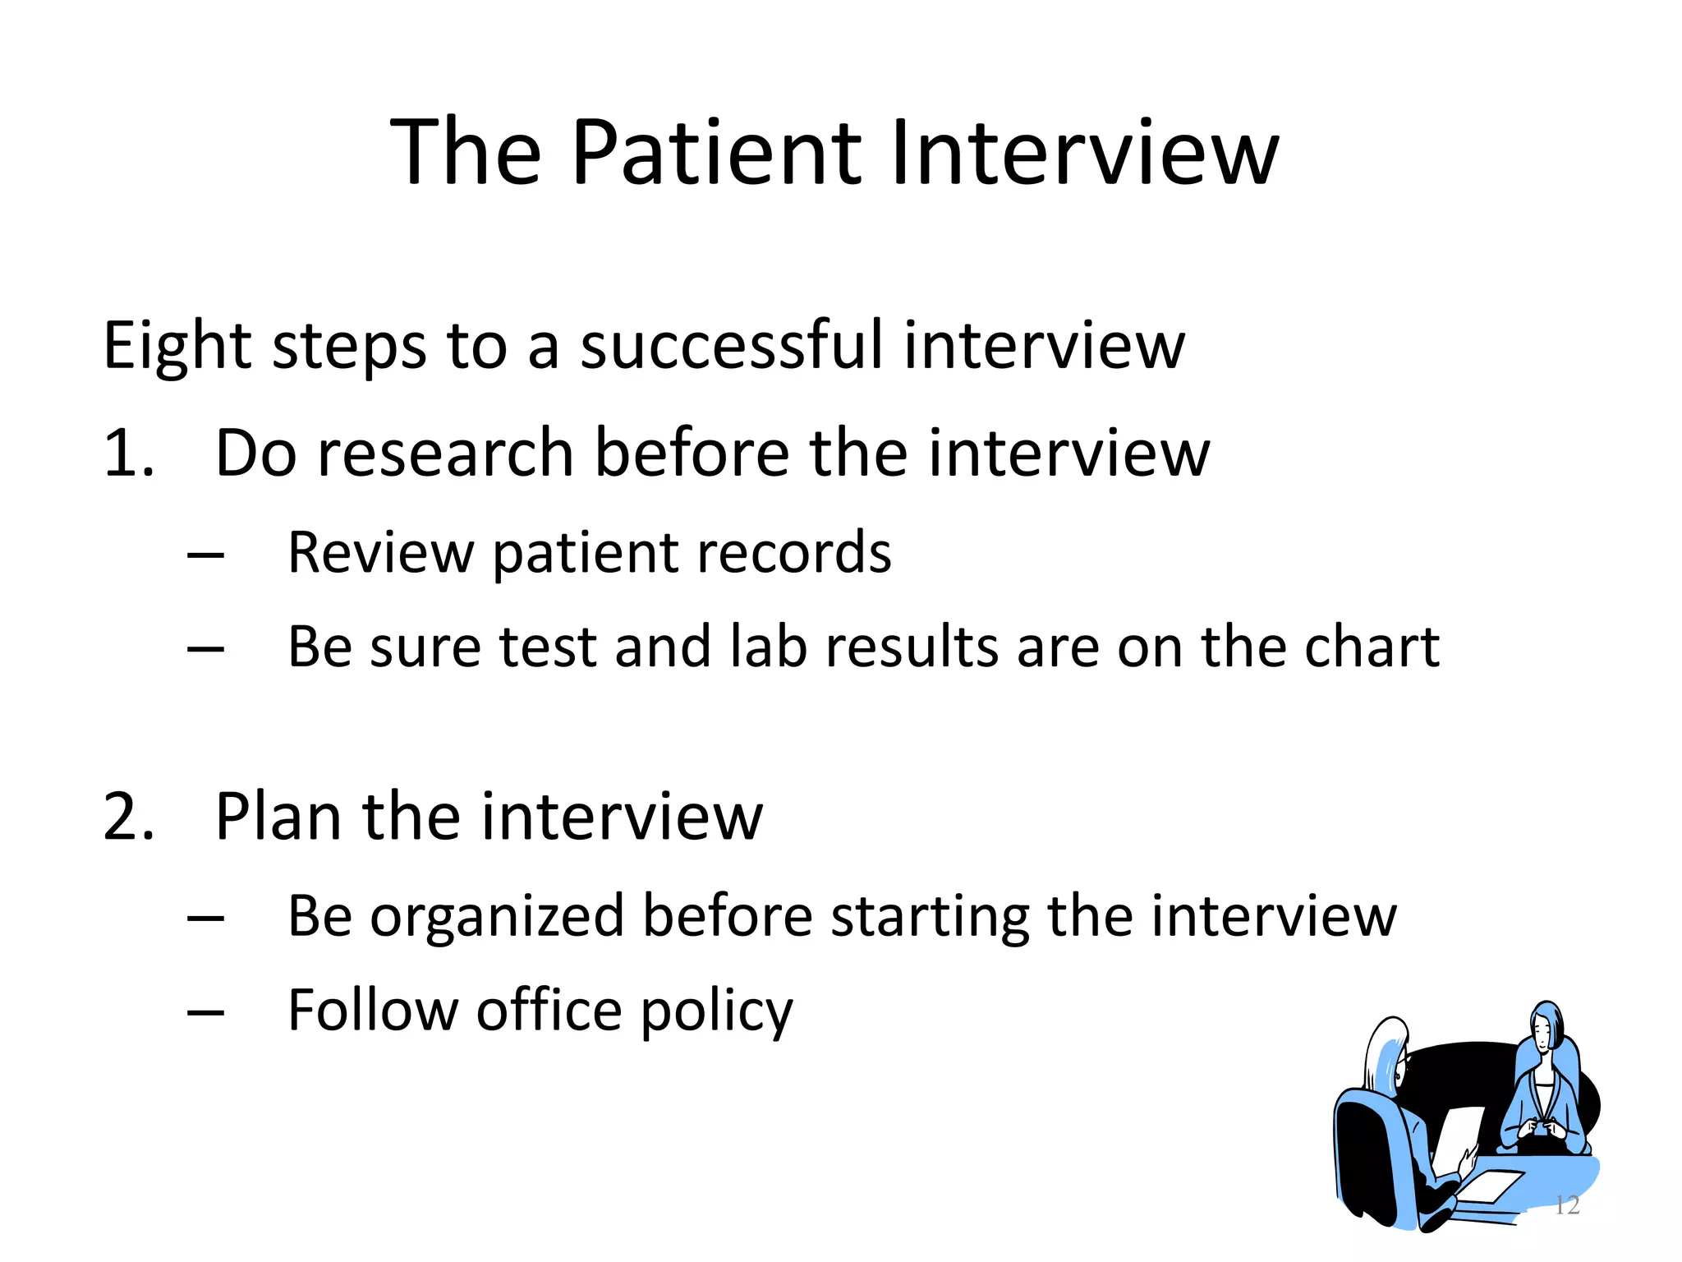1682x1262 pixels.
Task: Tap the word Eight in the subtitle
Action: pos(177,346)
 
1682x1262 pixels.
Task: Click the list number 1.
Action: pos(127,454)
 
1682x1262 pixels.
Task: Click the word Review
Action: pos(380,552)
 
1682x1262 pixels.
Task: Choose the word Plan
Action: pos(278,817)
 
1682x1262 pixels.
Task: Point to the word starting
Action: pos(929,917)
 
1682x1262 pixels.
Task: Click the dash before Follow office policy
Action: pos(205,1013)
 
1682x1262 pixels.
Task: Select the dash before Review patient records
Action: pos(205,555)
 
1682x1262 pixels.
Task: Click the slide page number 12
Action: pos(1567,1205)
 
